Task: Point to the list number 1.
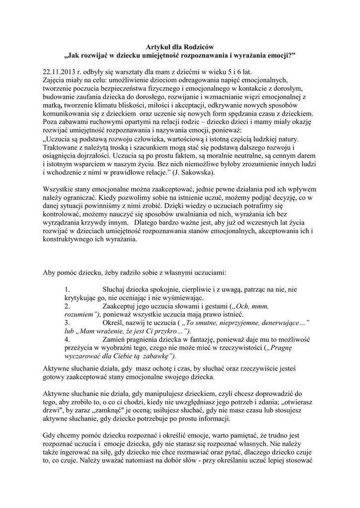(68, 289)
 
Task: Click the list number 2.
(68, 306)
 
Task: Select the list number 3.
(68, 322)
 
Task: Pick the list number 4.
(68, 339)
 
